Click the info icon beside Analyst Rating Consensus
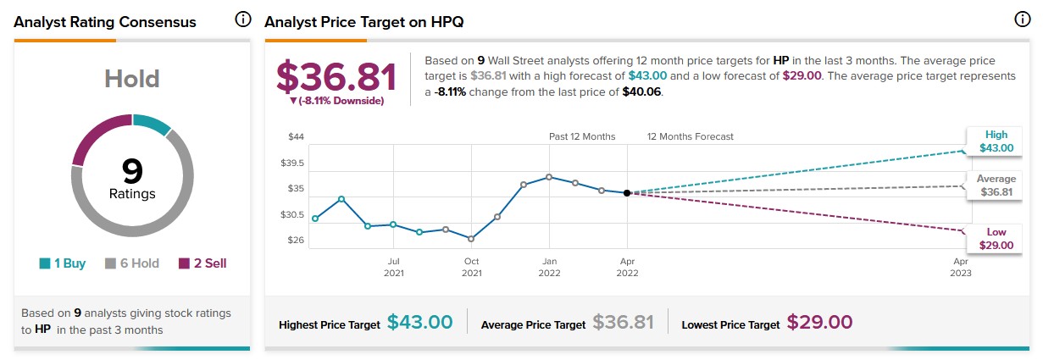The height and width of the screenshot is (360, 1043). click(x=243, y=20)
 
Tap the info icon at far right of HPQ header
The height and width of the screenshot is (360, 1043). click(x=1022, y=20)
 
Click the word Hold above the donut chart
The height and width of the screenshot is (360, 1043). click(x=132, y=79)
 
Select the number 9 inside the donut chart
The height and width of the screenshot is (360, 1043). click(x=132, y=172)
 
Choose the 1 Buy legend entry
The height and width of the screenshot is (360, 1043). click(x=62, y=263)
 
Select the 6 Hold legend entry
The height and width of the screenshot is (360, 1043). click(x=131, y=263)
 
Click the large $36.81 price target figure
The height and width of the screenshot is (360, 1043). click(x=336, y=78)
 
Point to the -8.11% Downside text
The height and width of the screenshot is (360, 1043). click(x=336, y=101)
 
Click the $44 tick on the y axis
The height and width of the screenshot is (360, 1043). click(x=296, y=137)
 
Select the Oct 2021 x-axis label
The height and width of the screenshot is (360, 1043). click(x=471, y=267)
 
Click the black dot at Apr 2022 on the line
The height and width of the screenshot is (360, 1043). click(x=627, y=193)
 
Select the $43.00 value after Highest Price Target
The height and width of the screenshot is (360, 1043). click(x=419, y=323)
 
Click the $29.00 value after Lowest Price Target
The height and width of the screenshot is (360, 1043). click(x=819, y=323)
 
